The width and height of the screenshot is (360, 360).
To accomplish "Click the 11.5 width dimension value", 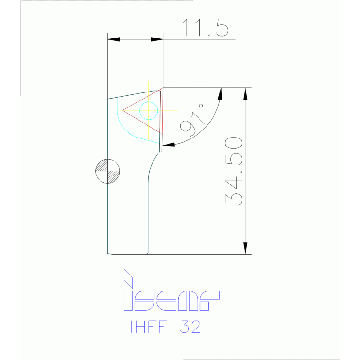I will [x=205, y=28].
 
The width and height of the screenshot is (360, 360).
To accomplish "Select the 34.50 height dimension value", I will [x=234, y=171].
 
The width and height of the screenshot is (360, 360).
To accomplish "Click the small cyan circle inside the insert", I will [x=149, y=110].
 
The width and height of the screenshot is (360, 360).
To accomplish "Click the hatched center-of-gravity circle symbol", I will [x=107, y=170].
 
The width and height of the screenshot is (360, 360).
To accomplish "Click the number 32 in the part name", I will [x=190, y=327].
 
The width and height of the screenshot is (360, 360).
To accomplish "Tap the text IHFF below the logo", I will [x=146, y=327].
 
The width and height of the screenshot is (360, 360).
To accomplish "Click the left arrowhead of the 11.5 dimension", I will [x=114, y=39].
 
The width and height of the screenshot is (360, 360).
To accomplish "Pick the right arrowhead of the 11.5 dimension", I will [x=157, y=39].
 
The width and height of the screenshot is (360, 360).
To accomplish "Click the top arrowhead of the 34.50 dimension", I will [x=245, y=93].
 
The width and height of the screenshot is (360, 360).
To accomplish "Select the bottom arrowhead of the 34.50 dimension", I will [x=245, y=248].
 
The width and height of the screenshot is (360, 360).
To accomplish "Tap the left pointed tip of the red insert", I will [x=123, y=110].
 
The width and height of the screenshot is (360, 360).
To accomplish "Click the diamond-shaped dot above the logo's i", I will [x=128, y=278].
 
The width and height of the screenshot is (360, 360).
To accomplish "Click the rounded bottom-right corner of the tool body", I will [x=147, y=252].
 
